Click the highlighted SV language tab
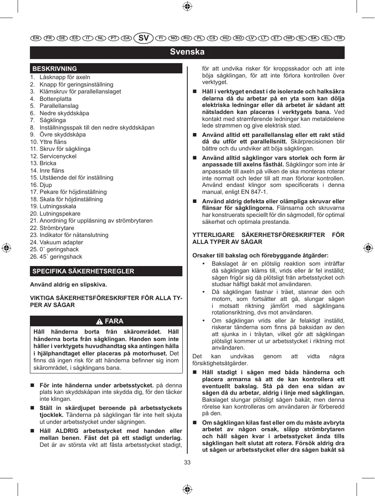tap(143, 38)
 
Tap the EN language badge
tap(36, 38)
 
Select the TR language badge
tap(339, 38)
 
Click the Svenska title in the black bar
tap(187, 52)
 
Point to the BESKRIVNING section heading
tap(55, 69)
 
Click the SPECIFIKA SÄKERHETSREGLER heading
tap(83, 271)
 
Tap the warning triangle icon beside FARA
tap(99, 321)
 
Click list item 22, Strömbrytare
tap(52, 228)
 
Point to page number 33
tap(187, 463)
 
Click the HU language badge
tap(225, 38)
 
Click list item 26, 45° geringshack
tap(56, 257)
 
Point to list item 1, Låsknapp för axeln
tap(60, 77)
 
